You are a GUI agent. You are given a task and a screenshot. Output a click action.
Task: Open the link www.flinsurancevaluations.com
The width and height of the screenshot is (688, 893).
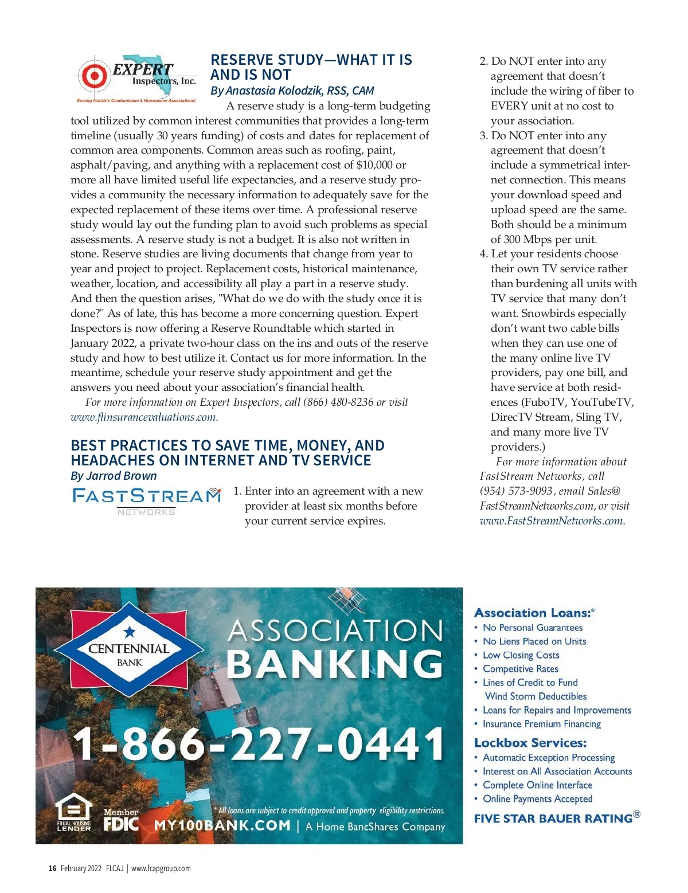pos(143,417)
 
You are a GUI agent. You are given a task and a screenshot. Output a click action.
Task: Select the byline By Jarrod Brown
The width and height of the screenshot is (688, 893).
pos(114,476)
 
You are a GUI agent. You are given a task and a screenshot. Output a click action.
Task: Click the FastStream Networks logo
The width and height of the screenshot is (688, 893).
pos(146,500)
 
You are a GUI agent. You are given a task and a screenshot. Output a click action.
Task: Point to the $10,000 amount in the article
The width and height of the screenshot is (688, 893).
pos(374,165)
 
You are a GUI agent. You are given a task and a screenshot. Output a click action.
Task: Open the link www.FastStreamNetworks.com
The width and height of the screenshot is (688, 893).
pos(551,521)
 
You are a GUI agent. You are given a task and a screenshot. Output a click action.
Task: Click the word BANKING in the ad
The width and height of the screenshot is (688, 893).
pos(335,665)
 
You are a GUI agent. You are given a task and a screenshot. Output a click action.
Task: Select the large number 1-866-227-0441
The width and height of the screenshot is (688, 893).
pos(259,744)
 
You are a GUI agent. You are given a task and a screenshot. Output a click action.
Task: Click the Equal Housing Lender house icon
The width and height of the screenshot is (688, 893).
pos(74,811)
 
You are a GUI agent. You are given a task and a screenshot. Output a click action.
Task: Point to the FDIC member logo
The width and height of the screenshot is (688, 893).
pos(121,820)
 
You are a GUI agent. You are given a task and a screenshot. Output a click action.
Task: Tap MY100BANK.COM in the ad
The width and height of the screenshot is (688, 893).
pos(222,826)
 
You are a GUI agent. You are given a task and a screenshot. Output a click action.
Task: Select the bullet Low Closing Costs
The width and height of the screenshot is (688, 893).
pos(521,655)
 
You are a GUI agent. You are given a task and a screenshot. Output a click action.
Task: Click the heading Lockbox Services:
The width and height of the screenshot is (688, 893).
pos(530,743)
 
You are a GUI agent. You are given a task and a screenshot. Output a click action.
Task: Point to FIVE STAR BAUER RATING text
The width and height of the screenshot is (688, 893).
pos(553,818)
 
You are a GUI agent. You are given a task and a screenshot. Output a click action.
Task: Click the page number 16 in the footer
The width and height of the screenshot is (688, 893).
pos(52,868)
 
